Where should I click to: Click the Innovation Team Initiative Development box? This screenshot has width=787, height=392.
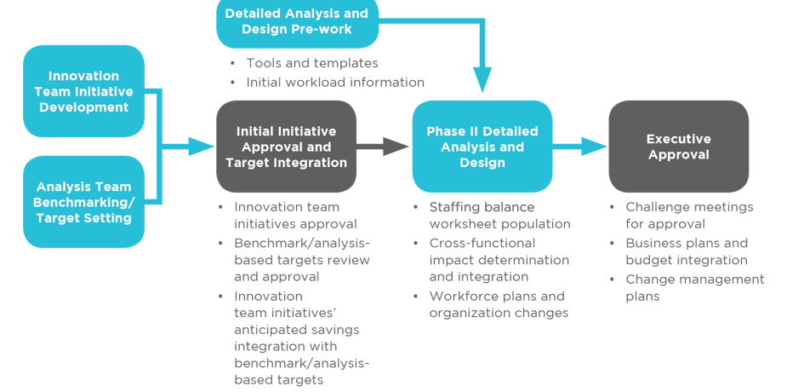tap(83, 91)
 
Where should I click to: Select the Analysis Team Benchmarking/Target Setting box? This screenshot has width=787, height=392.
tap(83, 202)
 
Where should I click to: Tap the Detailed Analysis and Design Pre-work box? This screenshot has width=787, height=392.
tap(296, 21)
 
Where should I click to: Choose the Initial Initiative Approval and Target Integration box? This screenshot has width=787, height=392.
tap(286, 147)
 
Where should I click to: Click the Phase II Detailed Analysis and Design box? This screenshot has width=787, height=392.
tap(482, 147)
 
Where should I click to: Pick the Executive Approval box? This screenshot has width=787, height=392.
tap(678, 147)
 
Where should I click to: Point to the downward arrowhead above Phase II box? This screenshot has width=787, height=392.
tap(482, 80)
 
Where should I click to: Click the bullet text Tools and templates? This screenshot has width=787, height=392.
tap(311, 63)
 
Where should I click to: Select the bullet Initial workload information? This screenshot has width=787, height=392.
tap(334, 83)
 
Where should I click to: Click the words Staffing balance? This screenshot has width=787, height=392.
tap(482, 207)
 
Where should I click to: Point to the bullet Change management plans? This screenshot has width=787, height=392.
tap(694, 288)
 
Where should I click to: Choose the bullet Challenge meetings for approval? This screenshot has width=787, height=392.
tap(688, 215)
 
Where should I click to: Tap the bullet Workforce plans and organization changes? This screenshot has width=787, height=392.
tap(498, 304)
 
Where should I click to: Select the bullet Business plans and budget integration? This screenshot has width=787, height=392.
tap(686, 251)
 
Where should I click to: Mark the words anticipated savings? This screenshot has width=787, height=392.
tap(297, 330)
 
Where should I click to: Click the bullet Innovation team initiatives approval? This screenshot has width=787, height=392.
tap(294, 215)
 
